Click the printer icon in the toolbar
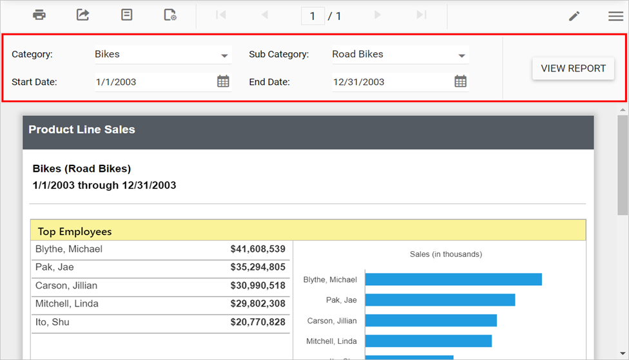(x=39, y=15)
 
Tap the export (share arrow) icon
(x=83, y=15)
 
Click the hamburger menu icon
(x=615, y=16)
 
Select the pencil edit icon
(x=574, y=16)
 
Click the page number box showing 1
(x=313, y=16)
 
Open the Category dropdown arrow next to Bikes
(x=224, y=55)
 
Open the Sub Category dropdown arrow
(x=461, y=55)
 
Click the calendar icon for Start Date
(x=223, y=81)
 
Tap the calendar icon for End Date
(x=460, y=81)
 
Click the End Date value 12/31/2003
(x=358, y=82)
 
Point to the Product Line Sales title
(x=82, y=129)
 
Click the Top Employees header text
(x=75, y=231)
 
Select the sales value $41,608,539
(x=258, y=249)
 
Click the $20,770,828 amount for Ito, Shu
(x=258, y=322)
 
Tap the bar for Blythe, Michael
(x=453, y=279)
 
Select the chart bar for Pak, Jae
(x=440, y=300)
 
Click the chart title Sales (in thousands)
(x=446, y=254)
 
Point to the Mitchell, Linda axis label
(x=331, y=341)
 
